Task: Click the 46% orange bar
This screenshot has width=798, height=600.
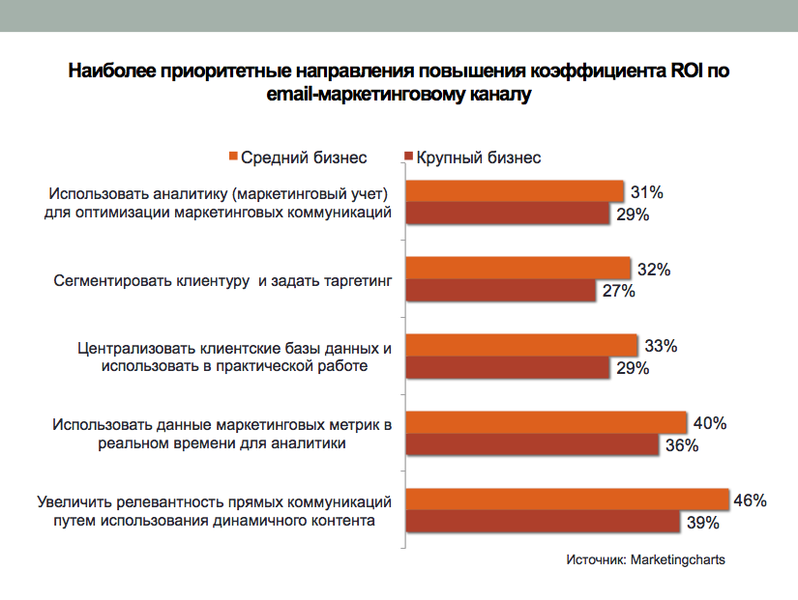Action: pos(567,499)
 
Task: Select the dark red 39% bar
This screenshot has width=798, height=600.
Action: pos(543,522)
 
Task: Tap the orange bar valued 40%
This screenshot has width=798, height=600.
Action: pos(546,422)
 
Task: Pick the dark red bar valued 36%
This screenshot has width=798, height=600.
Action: pos(532,445)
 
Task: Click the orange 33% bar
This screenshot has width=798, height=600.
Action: pos(521,345)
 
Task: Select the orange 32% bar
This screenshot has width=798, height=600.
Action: pos(517,268)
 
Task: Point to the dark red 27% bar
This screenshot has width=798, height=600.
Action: pos(501,291)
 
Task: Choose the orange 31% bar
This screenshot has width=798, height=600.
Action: pos(515,190)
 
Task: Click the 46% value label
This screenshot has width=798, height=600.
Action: pos(751,500)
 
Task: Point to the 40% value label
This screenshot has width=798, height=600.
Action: pos(709,423)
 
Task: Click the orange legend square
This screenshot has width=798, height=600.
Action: pos(233,157)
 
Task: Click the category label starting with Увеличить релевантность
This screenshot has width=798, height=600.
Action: pos(215,511)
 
